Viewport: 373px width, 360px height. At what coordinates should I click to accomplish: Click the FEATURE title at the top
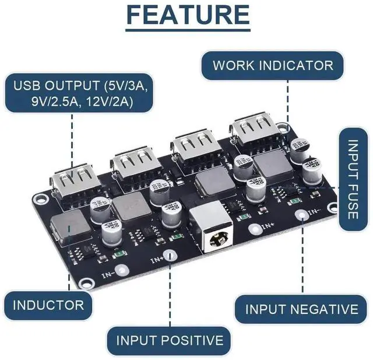[188, 16]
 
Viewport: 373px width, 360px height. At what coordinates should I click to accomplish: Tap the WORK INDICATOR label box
[272, 65]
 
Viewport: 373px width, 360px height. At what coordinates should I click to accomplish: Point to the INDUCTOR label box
[48, 305]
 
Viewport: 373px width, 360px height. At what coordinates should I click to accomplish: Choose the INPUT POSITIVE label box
[169, 340]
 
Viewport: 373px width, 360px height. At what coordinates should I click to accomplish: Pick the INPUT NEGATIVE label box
[301, 309]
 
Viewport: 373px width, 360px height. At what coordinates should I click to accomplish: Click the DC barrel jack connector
[214, 234]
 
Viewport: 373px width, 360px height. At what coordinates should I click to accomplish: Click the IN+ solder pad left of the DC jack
[170, 256]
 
